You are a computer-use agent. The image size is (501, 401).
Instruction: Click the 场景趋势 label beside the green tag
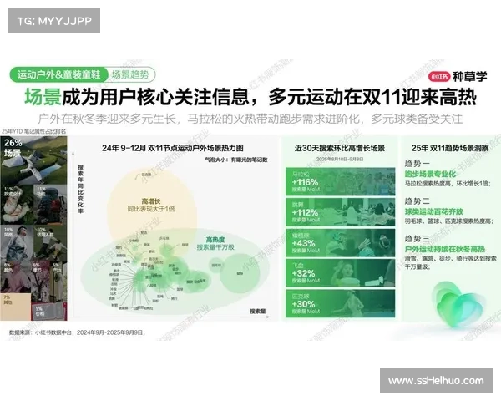(132, 74)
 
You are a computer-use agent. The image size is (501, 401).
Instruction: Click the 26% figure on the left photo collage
(13, 143)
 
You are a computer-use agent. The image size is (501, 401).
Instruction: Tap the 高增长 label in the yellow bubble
(152, 200)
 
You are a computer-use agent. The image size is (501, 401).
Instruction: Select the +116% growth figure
(306, 181)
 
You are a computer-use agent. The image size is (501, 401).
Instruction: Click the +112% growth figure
(306, 212)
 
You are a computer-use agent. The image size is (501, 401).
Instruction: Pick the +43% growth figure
(304, 242)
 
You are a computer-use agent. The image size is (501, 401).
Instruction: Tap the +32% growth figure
(304, 273)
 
